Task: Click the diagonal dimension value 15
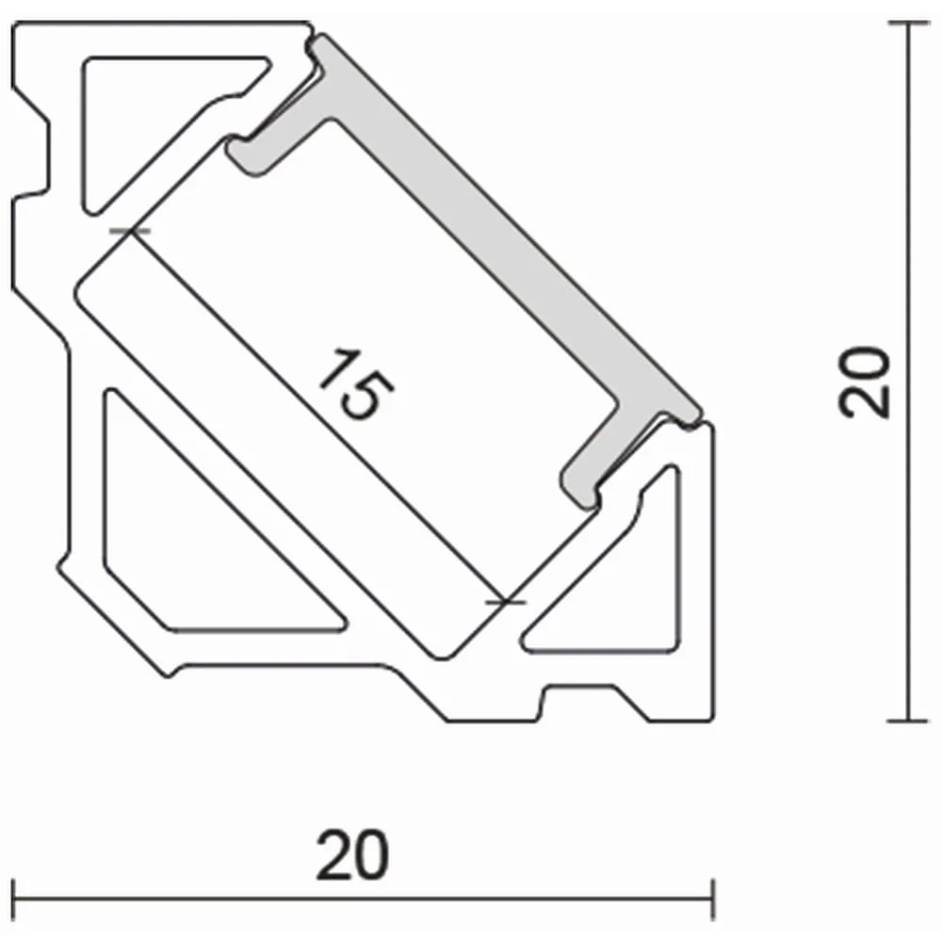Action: click(x=356, y=383)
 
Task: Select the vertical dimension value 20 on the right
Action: click(x=864, y=382)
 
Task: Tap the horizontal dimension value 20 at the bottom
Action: click(x=352, y=855)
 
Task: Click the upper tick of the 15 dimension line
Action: click(x=130, y=231)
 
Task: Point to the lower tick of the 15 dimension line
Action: click(x=506, y=601)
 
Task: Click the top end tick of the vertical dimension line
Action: click(x=908, y=23)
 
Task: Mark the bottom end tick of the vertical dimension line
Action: click(x=908, y=720)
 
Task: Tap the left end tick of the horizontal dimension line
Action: click(x=12, y=900)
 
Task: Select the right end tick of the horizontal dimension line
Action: click(x=712, y=900)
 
